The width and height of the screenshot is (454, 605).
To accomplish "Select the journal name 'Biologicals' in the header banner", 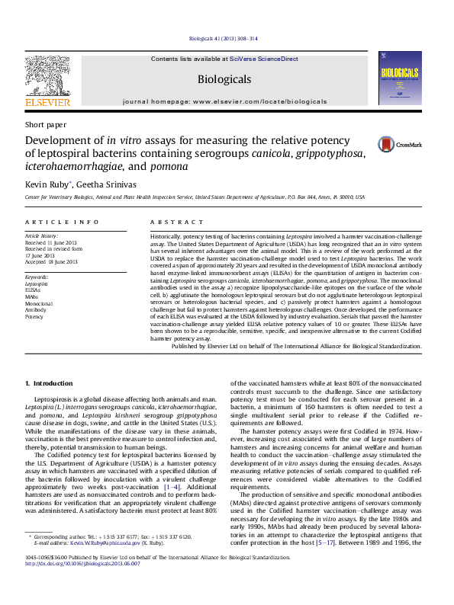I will tap(224, 79).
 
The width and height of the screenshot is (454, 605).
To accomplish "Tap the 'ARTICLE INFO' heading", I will tap(62, 222).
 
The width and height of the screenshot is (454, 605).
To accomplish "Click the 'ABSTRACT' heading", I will tap(175, 222).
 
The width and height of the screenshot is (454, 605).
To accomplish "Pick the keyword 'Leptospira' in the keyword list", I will tap(36, 283).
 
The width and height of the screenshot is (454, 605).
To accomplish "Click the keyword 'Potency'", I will tap(34, 316).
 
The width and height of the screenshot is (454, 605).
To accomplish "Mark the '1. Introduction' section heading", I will tap(49, 383).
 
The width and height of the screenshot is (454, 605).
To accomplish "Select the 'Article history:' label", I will tap(41, 237).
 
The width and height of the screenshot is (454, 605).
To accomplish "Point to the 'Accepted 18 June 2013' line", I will tap(51, 261).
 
